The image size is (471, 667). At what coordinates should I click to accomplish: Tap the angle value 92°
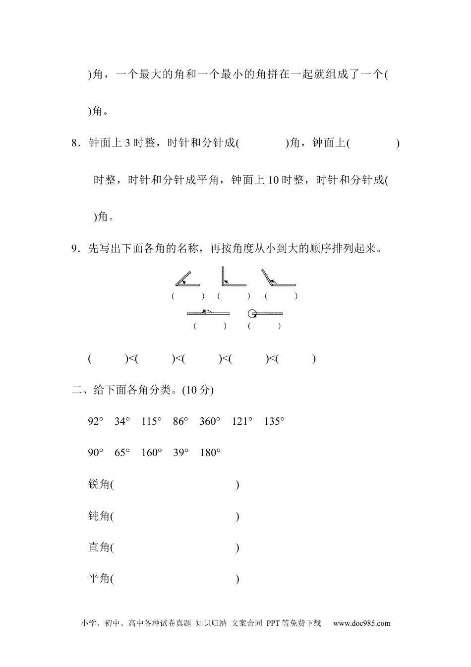tap(96, 422)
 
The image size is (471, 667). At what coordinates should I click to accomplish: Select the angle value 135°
tap(275, 422)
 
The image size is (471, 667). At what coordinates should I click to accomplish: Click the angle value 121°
tap(242, 422)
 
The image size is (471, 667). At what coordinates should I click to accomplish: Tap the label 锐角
tap(99, 484)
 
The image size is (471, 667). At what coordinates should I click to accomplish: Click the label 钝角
tap(99, 516)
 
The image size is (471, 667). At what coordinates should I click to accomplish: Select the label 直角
tap(99, 547)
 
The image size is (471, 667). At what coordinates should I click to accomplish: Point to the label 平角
tap(99, 579)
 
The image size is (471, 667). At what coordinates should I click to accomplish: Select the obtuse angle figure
tap(278, 278)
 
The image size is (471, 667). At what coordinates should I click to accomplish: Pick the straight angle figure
tap(208, 313)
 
